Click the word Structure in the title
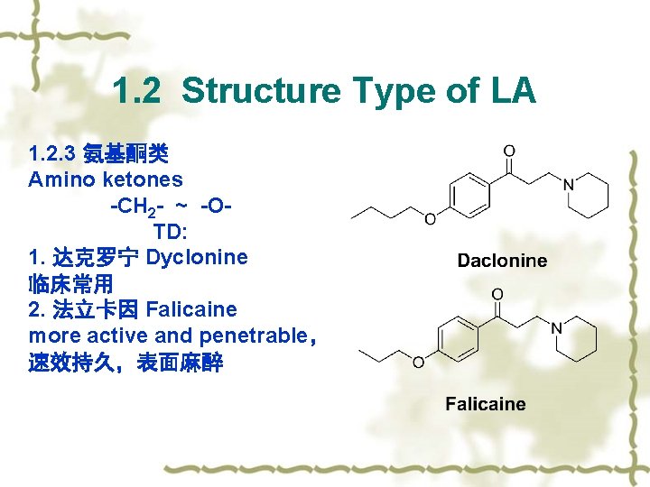[261, 91]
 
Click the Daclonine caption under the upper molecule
[502, 261]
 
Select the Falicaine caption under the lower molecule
[486, 404]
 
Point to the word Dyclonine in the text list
[197, 257]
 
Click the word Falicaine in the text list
[190, 309]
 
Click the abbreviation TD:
[170, 231]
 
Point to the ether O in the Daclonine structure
[430, 218]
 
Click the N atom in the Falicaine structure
[556, 328]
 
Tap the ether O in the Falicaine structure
[417, 363]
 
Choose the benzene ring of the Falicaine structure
[458, 339]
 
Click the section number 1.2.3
[51, 154]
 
